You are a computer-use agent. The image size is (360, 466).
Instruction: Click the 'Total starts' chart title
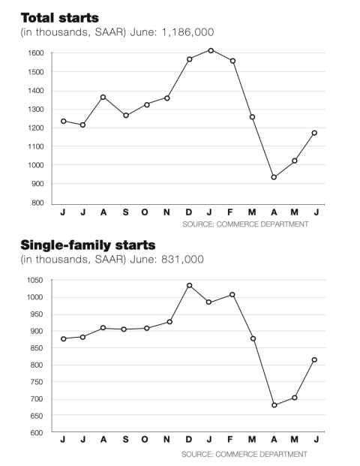[x=60, y=18]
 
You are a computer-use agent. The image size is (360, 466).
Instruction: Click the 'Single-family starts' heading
[x=88, y=245]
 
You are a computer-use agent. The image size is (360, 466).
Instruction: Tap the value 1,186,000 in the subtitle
[x=187, y=32]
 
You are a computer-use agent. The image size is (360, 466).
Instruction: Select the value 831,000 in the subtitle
[x=183, y=259]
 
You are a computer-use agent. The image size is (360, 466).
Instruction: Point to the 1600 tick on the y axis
[x=36, y=53]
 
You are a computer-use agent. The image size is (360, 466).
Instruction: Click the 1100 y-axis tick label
[x=36, y=146]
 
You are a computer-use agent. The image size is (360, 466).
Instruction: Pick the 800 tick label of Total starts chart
[x=37, y=203]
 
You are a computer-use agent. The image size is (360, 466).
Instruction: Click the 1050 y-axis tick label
[x=35, y=280]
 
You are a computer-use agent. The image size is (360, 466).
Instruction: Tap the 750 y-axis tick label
[x=37, y=382]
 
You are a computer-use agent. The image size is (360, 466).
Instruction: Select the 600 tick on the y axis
[x=37, y=433]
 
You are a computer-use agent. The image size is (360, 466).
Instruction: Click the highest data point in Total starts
[x=211, y=50]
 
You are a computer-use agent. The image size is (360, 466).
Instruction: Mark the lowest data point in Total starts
[x=274, y=177]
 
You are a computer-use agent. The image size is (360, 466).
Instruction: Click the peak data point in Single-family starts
[x=190, y=286]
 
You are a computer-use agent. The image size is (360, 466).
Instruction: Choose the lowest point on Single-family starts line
[x=274, y=405]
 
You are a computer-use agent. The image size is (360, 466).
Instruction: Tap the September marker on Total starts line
[x=126, y=116]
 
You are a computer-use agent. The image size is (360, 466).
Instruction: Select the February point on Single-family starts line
[x=232, y=295]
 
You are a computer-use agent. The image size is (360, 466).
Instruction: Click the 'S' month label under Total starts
[x=126, y=212]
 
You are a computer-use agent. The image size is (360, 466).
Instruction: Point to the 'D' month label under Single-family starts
[x=188, y=439]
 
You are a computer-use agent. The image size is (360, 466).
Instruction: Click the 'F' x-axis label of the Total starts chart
[x=230, y=212]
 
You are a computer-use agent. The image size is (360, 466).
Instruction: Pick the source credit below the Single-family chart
[x=244, y=455]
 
